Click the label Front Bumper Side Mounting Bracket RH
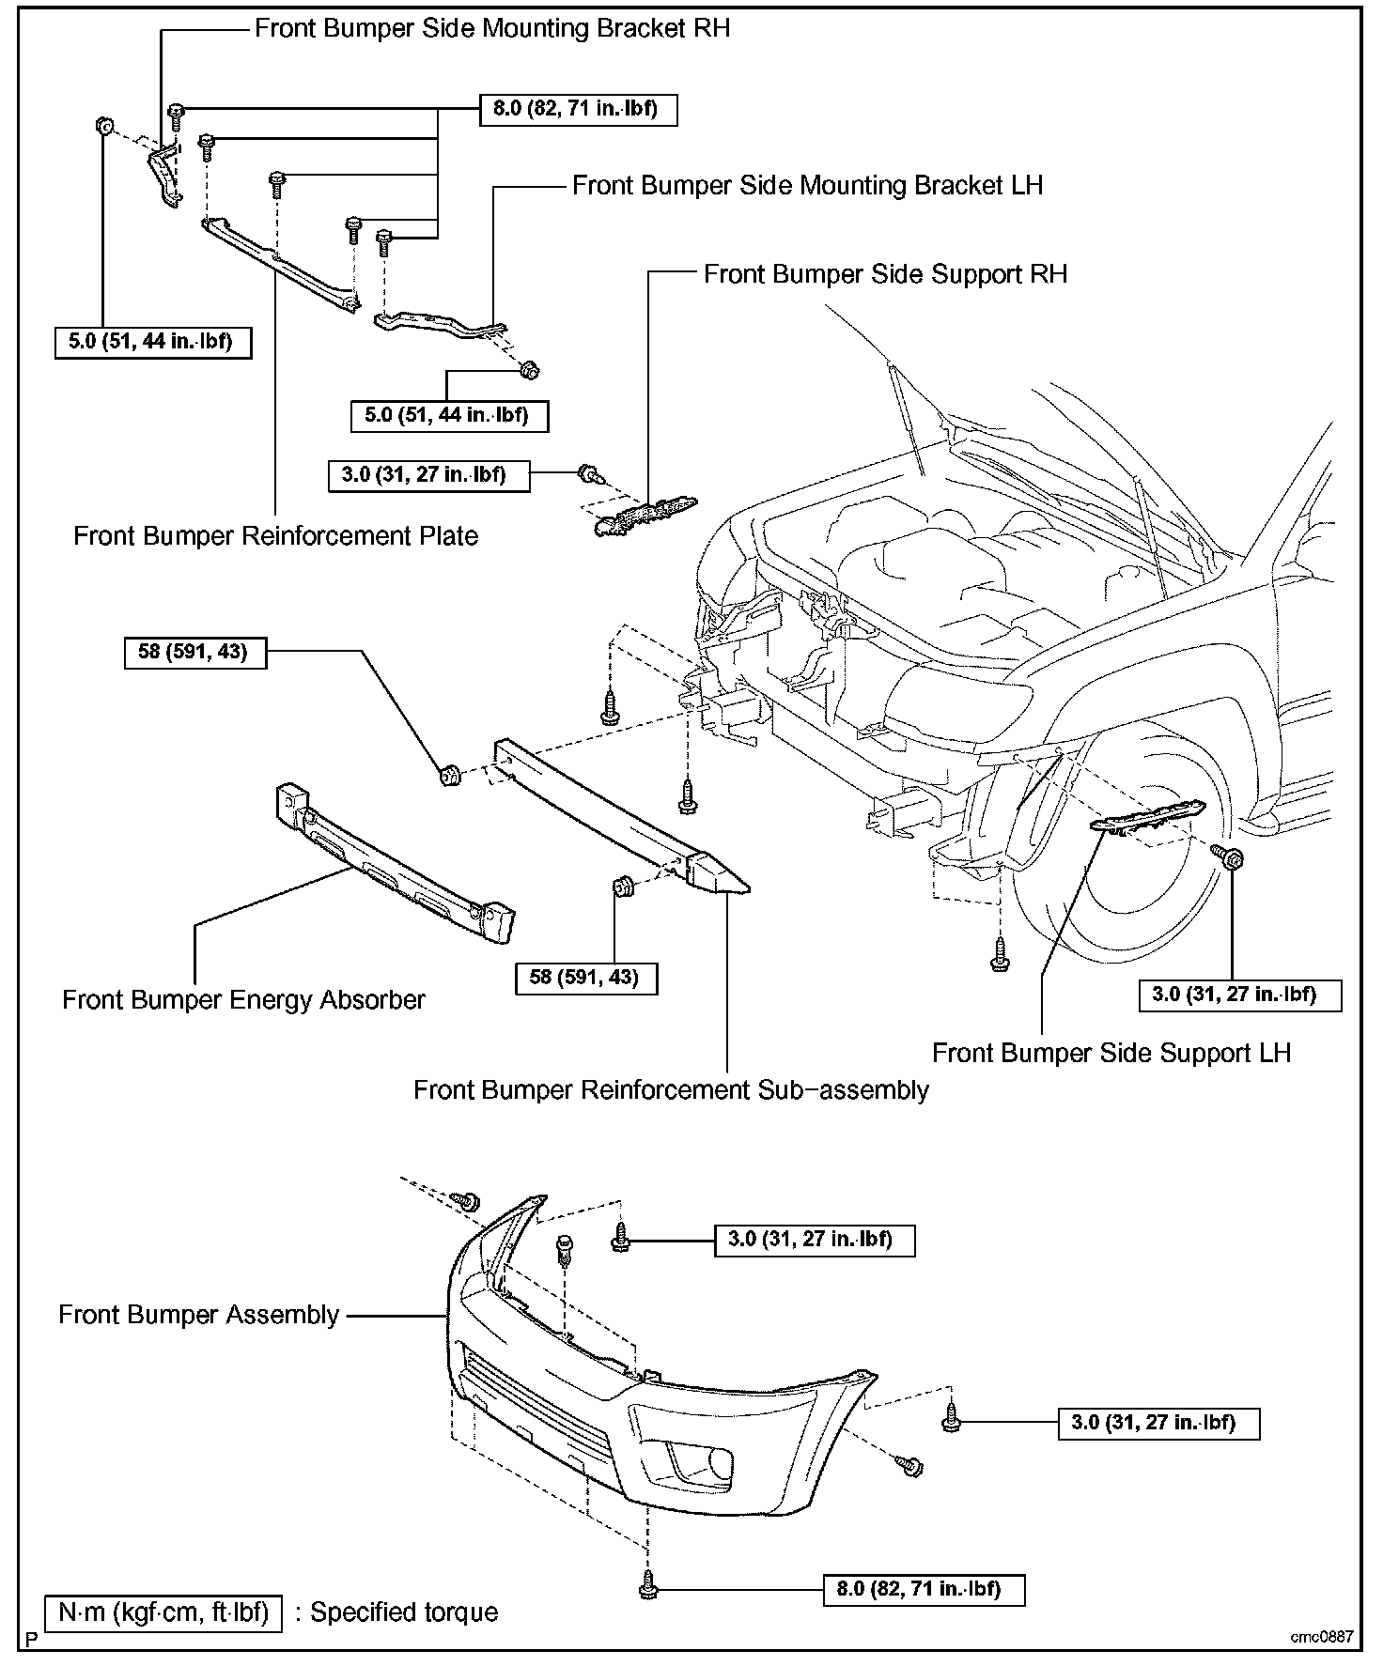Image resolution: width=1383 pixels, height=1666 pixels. (x=491, y=28)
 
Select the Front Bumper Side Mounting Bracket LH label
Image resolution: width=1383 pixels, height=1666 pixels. (x=807, y=185)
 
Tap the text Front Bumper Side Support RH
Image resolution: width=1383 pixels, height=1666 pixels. (x=885, y=274)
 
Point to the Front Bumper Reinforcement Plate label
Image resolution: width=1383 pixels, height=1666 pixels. (x=275, y=536)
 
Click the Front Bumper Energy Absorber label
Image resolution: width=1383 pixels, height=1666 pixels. (x=243, y=999)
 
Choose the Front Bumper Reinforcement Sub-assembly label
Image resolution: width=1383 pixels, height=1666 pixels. (x=671, y=1090)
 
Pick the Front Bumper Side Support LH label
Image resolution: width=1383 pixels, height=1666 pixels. (x=1111, y=1053)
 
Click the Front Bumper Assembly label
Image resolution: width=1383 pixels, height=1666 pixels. (x=198, y=1315)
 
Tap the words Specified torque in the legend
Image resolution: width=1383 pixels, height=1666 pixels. (x=405, y=1612)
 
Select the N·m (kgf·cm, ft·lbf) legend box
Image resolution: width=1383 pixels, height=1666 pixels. (x=163, y=1612)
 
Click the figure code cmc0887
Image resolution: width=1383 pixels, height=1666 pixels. (x=1321, y=1637)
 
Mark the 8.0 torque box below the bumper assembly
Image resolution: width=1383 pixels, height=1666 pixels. (x=925, y=1589)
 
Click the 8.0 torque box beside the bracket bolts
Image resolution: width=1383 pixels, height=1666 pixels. (x=577, y=109)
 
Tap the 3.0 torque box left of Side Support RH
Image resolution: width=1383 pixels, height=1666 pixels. (x=428, y=474)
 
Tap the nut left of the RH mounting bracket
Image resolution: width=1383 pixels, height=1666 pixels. (x=103, y=125)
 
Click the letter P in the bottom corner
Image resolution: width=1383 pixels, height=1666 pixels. (x=32, y=1641)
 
